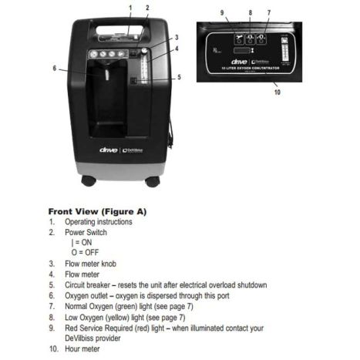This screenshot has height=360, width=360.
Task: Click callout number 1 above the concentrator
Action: (x=130, y=8)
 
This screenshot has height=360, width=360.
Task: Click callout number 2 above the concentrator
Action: (x=147, y=8)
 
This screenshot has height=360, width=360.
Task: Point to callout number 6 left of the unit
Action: (x=55, y=68)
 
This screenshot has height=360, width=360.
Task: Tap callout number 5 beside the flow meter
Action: (x=179, y=76)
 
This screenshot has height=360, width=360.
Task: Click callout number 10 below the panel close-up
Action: (x=277, y=91)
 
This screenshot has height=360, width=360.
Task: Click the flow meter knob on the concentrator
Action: (x=141, y=53)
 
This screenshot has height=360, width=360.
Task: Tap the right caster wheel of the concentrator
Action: (x=152, y=181)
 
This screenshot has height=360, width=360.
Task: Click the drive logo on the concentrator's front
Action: (x=109, y=149)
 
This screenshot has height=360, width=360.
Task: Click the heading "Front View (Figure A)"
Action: (x=97, y=210)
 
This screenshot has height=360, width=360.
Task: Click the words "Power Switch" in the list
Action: (x=86, y=232)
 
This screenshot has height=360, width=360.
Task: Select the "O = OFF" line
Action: (x=81, y=252)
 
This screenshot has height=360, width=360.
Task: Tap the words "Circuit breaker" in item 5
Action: (x=91, y=284)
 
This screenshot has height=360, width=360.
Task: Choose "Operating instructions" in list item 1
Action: (x=98, y=221)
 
